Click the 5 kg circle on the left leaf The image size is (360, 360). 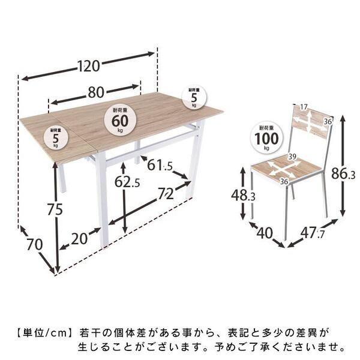coord(55,137)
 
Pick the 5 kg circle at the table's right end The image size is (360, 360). coord(194,97)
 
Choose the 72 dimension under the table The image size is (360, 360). coord(166,194)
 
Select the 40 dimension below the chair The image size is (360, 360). coord(265,232)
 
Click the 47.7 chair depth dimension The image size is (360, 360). coord(313,232)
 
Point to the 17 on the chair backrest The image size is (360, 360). coord(303,107)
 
